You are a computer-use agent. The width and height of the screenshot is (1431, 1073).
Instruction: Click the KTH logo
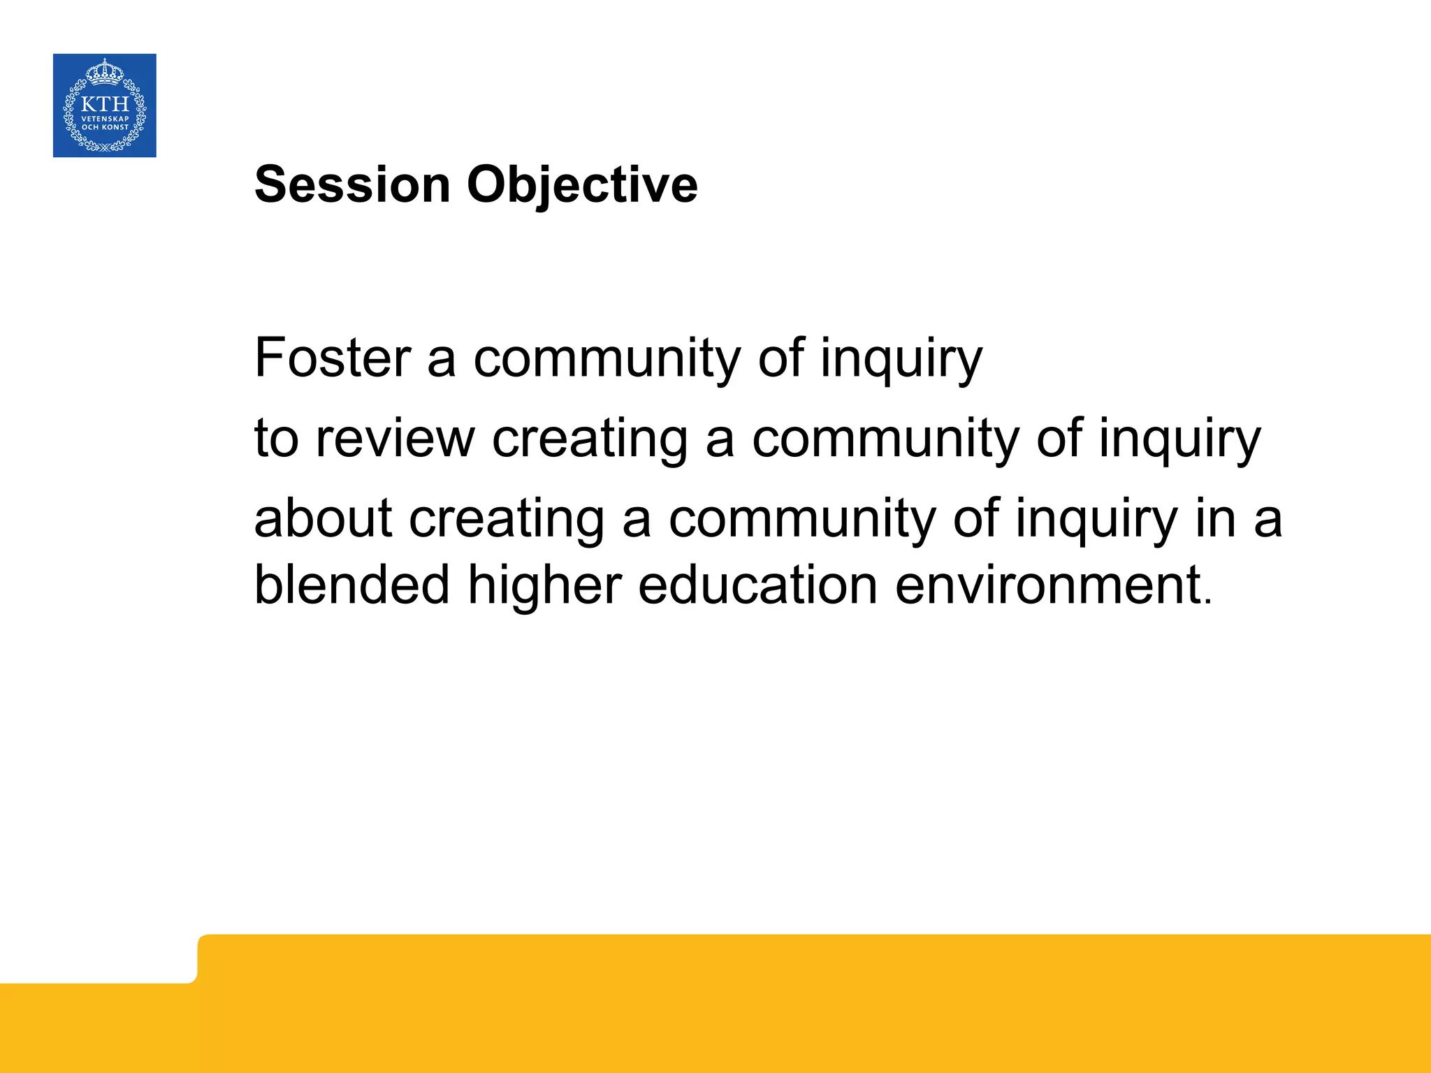tap(105, 105)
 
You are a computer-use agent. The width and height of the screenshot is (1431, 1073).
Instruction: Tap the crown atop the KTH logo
tap(105, 71)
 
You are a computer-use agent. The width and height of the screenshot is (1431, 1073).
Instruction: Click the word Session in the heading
tap(352, 185)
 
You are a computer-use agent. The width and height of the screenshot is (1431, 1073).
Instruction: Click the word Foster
tap(333, 358)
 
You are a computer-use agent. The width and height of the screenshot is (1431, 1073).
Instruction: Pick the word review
tap(395, 439)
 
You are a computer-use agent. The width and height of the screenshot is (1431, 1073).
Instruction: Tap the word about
tap(323, 518)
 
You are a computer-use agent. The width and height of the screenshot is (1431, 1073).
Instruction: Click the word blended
tap(351, 585)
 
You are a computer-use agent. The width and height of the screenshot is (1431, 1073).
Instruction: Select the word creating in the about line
tap(507, 520)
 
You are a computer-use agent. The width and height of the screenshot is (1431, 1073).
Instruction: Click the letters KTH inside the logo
tap(105, 104)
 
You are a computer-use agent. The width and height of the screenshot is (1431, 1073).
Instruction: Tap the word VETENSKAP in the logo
tap(105, 119)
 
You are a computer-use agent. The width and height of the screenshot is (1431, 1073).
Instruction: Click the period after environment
tap(1208, 601)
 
